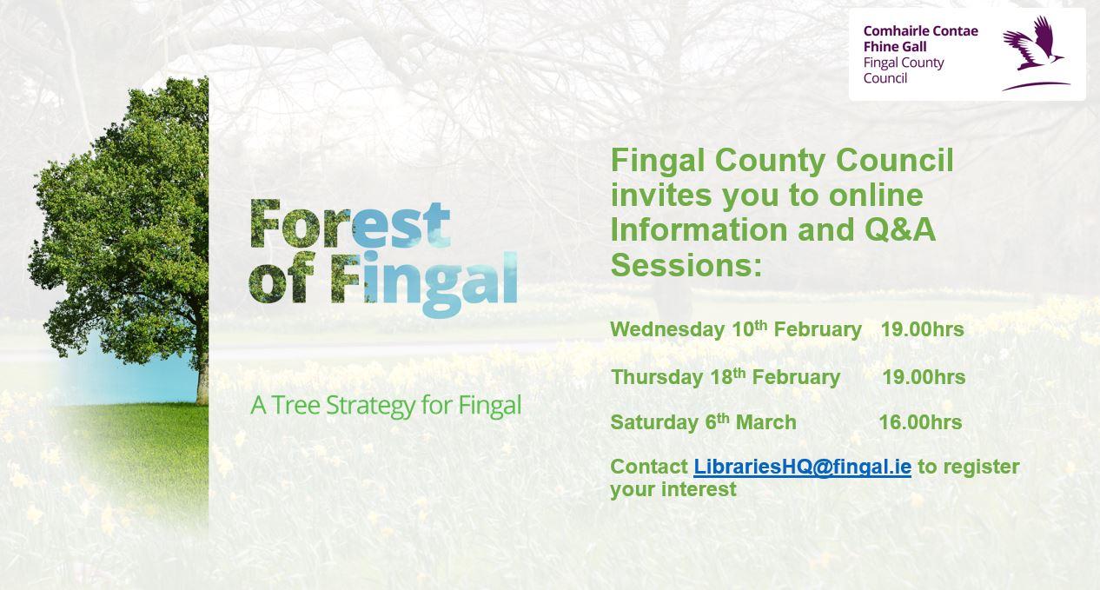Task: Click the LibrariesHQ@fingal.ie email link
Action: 802,467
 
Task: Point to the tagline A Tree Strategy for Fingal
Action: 386,406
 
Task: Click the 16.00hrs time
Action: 920,422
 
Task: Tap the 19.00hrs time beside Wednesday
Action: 922,329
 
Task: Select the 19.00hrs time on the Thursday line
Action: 924,377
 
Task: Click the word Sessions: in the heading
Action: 686,264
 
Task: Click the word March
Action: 765,422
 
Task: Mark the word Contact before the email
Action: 648,467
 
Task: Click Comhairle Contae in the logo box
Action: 920,31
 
